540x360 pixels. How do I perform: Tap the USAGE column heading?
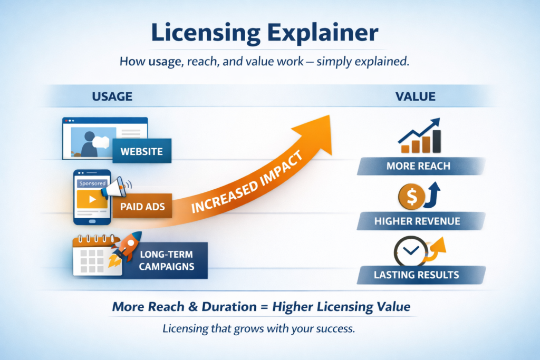click(x=112, y=96)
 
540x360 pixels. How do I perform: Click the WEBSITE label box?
click(x=141, y=152)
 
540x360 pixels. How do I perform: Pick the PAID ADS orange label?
click(x=142, y=207)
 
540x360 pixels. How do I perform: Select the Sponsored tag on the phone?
click(x=92, y=183)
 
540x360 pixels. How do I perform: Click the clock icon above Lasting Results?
click(x=408, y=249)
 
